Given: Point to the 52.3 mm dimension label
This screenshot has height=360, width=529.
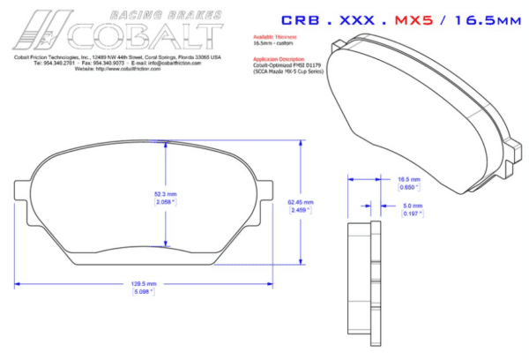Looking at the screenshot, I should (x=166, y=193).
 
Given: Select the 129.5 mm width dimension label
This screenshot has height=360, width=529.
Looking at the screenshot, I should (x=143, y=284).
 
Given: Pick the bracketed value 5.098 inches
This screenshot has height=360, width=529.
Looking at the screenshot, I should (x=143, y=292).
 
